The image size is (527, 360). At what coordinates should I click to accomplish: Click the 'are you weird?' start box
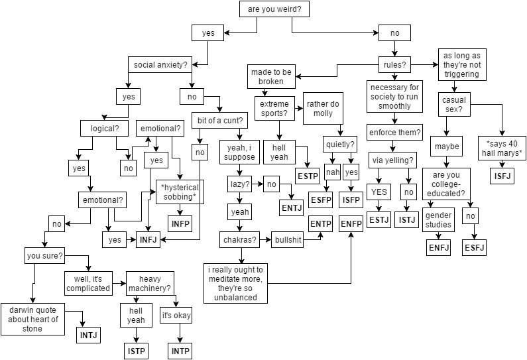point(264,9)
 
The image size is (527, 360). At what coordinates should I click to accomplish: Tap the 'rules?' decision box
point(394,64)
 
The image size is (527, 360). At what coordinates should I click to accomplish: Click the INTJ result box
point(89,334)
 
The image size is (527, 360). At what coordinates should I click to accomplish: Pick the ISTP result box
point(136,350)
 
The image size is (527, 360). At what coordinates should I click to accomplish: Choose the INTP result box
point(181,350)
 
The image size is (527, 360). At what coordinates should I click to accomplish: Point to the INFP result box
point(180,224)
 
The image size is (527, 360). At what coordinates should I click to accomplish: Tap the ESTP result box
point(307,176)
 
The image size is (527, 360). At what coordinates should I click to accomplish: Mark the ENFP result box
point(351,224)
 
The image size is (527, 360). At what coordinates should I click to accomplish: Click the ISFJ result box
point(502,176)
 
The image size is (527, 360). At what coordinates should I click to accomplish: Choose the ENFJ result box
point(438,248)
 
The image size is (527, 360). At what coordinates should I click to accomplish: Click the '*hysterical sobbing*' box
point(179,192)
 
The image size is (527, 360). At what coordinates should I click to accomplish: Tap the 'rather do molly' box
point(323,108)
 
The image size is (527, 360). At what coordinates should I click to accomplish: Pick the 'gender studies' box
point(438,220)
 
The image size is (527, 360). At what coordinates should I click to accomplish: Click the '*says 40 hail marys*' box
point(504,149)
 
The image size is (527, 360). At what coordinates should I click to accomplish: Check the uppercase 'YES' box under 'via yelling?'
point(379,192)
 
